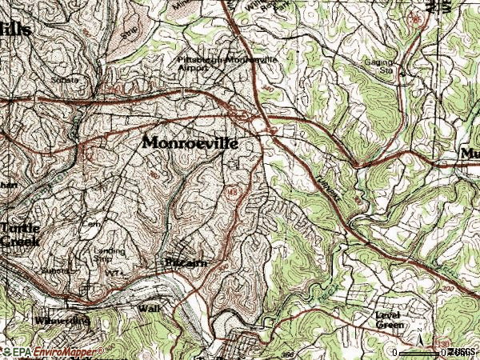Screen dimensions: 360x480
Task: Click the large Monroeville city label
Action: [201, 142]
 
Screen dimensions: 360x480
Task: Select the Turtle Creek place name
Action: [20, 233]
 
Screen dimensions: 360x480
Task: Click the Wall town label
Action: [149, 307]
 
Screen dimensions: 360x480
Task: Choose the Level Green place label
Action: [390, 319]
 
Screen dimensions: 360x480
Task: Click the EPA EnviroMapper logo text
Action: [53, 351]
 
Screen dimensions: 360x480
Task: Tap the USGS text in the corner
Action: [461, 352]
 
